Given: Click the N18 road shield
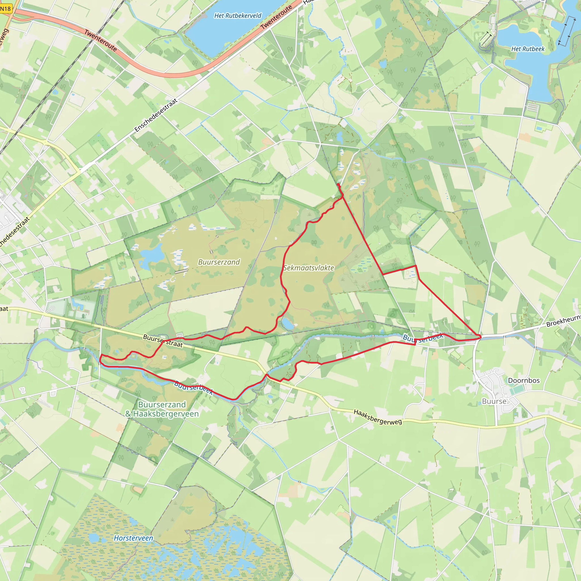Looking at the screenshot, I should [x=5, y=9].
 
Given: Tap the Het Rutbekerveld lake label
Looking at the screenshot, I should [x=237, y=16].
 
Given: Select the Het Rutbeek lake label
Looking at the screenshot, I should [x=528, y=49].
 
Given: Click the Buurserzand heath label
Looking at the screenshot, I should [x=219, y=262].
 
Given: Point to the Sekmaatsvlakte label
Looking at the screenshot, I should [x=309, y=268].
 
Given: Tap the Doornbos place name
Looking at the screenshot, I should [x=524, y=380].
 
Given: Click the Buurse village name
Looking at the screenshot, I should [x=494, y=401].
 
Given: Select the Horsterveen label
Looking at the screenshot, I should [x=133, y=538].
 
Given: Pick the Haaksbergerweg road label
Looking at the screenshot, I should [x=377, y=417].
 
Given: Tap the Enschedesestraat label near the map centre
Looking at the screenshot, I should [x=155, y=115].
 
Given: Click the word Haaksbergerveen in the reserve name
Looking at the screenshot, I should [x=166, y=414].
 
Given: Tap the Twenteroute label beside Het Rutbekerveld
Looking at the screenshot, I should [x=276, y=17].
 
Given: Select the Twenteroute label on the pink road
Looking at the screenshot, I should [x=100, y=40].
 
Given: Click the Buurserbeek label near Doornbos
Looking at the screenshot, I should [x=423, y=337].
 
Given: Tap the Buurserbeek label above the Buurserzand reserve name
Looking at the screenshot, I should [x=193, y=388].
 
